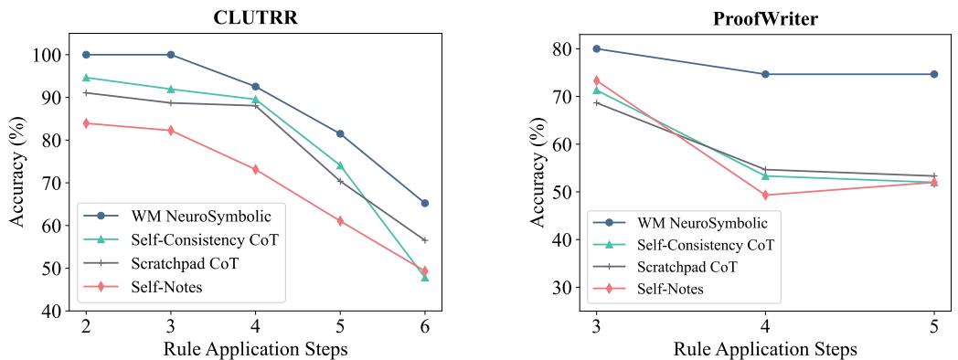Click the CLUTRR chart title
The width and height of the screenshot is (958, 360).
pyautogui.click(x=254, y=16)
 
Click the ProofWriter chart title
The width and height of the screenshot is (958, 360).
pyautogui.click(x=764, y=17)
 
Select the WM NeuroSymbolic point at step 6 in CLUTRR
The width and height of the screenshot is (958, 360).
pyautogui.click(x=424, y=203)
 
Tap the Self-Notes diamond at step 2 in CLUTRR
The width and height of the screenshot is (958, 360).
pyautogui.click(x=86, y=123)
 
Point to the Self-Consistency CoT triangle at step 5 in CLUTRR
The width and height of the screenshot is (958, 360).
pyautogui.click(x=340, y=165)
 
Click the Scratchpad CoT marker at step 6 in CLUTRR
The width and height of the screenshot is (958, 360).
pyautogui.click(x=424, y=240)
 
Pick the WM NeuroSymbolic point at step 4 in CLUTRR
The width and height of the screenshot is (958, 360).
pyautogui.click(x=255, y=87)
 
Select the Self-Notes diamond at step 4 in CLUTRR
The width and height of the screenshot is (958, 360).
pyautogui.click(x=255, y=170)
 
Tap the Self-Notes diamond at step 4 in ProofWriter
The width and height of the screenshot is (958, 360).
pyautogui.click(x=765, y=195)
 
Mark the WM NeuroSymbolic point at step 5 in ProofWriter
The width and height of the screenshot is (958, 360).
pyautogui.click(x=933, y=74)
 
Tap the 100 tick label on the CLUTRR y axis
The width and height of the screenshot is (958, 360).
pyautogui.click(x=49, y=55)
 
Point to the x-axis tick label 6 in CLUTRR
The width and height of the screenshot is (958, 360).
pyautogui.click(x=424, y=327)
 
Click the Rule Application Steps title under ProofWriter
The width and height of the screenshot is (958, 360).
pyautogui.click(x=765, y=349)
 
